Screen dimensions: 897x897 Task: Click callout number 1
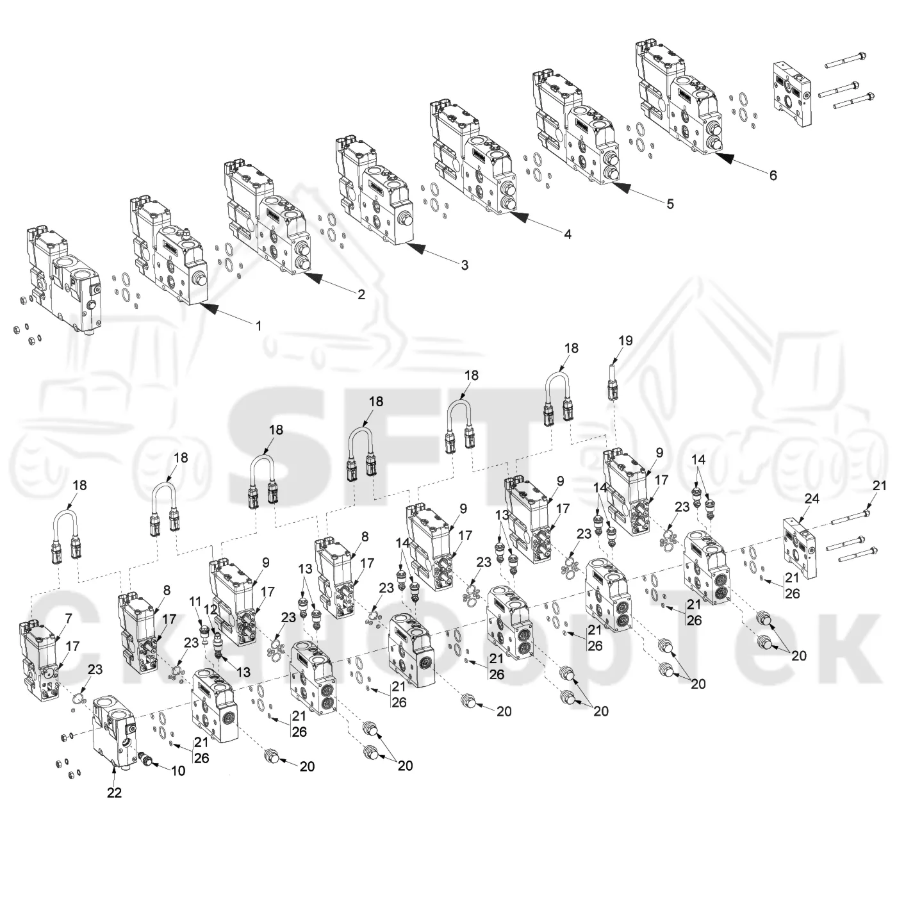(x=259, y=325)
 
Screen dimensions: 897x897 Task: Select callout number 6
(x=773, y=175)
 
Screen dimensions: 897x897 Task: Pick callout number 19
(x=625, y=341)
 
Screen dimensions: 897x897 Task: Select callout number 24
(x=812, y=498)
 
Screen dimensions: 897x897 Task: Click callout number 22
(x=114, y=793)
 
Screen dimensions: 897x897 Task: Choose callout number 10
(x=178, y=771)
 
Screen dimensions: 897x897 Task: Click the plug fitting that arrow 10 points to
(x=145, y=759)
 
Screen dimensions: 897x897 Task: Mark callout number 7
(x=69, y=619)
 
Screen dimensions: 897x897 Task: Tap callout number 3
(x=465, y=265)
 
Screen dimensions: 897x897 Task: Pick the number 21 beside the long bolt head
(x=879, y=486)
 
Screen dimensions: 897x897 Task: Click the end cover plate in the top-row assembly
(x=792, y=94)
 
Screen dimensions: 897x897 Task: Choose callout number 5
(x=670, y=203)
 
